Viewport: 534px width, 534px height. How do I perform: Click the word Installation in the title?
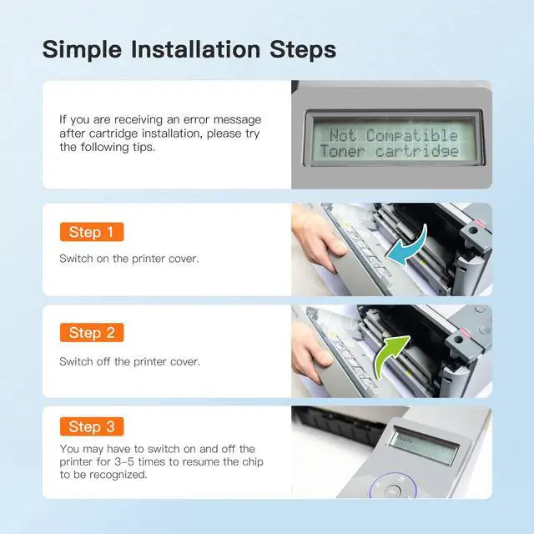point(196,49)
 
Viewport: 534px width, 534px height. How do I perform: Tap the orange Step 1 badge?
point(92,232)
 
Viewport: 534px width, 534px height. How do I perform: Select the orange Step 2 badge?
point(92,332)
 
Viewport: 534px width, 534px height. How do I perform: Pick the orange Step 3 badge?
point(92,426)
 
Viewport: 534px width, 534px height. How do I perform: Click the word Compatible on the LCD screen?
point(412,135)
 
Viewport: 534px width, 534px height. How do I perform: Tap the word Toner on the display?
point(343,151)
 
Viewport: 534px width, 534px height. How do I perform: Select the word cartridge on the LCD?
point(417,151)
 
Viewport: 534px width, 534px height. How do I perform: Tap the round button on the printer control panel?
point(393,491)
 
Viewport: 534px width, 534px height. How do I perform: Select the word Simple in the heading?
point(82,50)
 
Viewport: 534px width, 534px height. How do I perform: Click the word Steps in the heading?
point(303,49)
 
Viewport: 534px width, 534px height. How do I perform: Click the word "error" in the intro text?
point(196,119)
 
